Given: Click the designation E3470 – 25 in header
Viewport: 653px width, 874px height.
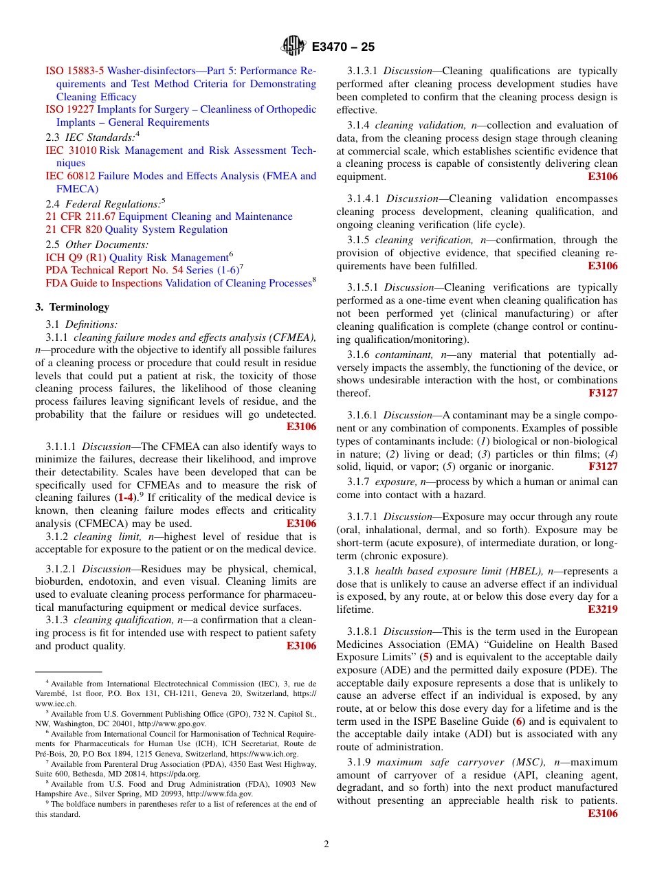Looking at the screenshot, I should pos(343,47).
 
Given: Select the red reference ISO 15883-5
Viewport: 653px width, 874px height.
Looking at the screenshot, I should pos(75,71).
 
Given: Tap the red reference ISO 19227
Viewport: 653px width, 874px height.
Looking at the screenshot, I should pos(70,109).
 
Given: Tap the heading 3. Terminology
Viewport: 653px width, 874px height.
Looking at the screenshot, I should pos(72,307).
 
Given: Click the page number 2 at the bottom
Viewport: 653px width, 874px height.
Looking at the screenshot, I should pos(326,844).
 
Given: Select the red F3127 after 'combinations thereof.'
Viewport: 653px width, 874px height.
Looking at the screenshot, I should pos(603,393).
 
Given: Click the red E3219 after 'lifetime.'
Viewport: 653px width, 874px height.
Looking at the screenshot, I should pos(603,609).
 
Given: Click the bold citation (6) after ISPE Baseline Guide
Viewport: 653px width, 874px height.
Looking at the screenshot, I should pos(519,721).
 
